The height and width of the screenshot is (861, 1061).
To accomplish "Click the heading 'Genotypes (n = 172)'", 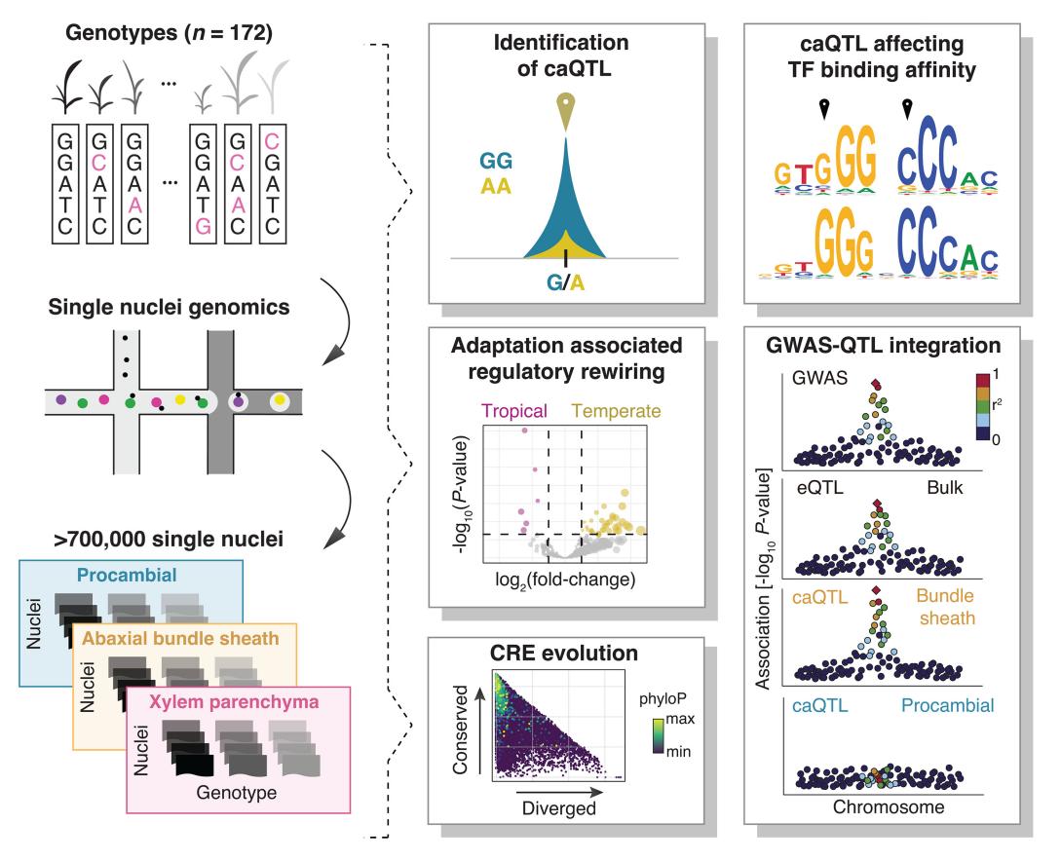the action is pos(169,33).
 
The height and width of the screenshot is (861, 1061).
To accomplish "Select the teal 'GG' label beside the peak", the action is pos(496,161).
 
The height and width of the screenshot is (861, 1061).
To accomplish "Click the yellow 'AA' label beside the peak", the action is pos(495,186).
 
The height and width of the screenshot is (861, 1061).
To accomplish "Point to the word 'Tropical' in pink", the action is pos(514,411).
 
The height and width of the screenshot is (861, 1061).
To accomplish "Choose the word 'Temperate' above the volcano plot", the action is pos(616,411).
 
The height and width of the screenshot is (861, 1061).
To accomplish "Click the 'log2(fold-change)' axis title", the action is pos(565,580).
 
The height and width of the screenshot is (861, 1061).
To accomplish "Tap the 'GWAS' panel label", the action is pos(819,377).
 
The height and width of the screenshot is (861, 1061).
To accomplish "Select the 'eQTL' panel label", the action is pos(820,488).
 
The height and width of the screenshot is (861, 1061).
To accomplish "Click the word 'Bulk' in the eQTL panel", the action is pos(945,488).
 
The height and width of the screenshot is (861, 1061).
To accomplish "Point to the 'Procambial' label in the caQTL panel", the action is pos(947,705).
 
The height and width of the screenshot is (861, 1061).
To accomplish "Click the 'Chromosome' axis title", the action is pos(889,806).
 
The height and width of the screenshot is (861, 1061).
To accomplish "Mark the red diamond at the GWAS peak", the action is pos(876,384).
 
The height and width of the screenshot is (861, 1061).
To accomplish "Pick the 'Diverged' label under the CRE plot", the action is pos(559,808).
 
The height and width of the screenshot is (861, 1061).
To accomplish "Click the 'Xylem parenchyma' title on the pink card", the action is pos(234,701).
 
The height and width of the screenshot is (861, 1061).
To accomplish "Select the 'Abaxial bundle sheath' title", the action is pos(180,639).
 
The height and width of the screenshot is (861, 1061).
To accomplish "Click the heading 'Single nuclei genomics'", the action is pos(170,307).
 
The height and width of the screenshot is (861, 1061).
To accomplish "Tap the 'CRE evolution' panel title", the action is pos(564,653).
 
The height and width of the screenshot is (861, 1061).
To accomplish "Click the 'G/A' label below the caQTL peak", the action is pos(565,282).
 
